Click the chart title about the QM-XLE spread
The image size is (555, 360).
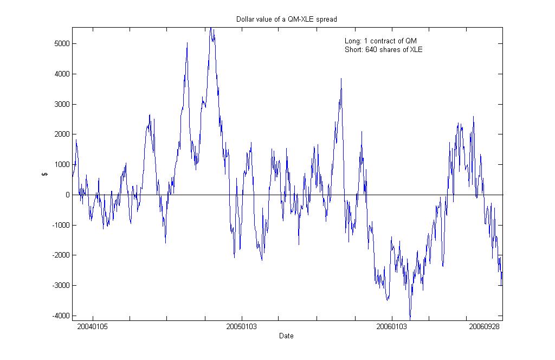coord(286,20)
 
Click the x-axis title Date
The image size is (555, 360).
coord(286,336)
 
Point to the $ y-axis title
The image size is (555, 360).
coord(44,174)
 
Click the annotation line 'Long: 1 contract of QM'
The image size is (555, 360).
coord(380,41)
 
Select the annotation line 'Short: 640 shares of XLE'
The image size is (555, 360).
coord(383,50)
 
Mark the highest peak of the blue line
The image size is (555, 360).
coord(211,28)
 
